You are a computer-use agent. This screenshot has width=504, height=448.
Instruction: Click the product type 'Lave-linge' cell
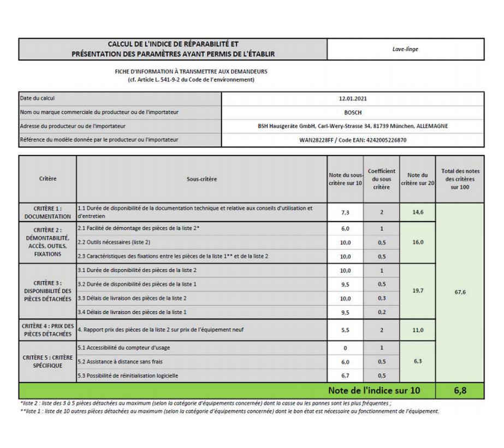pos(405,49)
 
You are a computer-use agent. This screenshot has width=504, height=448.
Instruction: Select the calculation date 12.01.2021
pos(352,99)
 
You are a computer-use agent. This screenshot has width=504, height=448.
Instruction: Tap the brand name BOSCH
pos(352,113)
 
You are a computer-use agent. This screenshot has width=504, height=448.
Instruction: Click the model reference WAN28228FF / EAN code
pos(352,140)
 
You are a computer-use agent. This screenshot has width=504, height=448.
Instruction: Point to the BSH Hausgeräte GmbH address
pos(352,126)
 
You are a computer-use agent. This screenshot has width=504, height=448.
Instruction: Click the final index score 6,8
pos(460,391)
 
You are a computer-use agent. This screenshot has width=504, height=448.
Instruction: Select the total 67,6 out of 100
pos(460,292)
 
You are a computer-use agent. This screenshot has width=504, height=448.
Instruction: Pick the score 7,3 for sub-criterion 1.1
pos(345,212)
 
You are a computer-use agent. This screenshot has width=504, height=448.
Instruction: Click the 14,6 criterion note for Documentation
pos(418,212)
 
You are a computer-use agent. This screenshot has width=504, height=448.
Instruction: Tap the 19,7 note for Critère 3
pos(418,291)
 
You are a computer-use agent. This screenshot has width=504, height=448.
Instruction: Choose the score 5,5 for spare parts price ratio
pos(345,330)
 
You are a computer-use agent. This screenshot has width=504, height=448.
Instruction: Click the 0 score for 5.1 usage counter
pos(345,348)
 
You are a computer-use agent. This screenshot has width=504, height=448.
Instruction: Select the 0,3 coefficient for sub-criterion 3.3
pos(382,298)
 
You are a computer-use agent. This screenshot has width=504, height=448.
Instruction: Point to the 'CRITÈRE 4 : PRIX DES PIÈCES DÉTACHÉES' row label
pos(48,330)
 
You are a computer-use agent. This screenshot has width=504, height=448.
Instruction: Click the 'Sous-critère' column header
pos(201,179)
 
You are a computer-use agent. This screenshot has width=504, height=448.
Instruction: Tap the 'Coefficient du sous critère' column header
pos(382,179)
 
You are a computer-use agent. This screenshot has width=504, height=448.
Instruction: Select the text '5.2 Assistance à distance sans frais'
pos(121,362)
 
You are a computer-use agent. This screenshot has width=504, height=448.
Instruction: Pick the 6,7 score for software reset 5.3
pos(345,376)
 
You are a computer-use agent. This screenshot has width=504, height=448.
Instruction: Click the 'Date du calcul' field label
pos(38,99)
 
